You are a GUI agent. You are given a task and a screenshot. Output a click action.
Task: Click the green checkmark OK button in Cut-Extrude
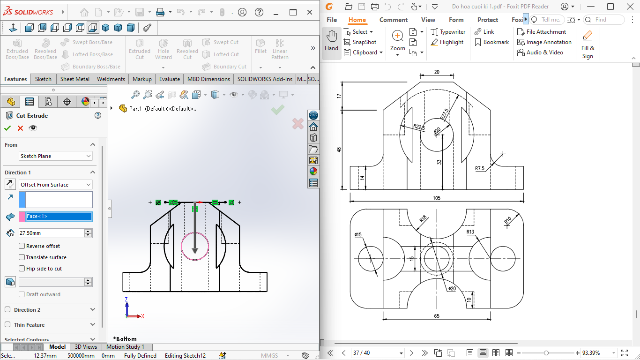pos(7,128)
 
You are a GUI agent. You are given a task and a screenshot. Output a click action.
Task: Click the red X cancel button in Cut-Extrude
pos(20,128)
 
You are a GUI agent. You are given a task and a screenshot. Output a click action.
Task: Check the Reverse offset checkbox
pos(22,246)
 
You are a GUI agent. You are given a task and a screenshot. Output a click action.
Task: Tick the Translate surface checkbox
pos(22,257)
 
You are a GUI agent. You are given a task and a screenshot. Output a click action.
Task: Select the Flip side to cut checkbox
pos(22,269)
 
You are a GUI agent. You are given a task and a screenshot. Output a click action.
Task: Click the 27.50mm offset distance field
pos(51,233)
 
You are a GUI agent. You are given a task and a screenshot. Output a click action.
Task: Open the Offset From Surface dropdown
pos(55,185)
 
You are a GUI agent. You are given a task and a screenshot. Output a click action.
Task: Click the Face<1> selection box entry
pos(59,216)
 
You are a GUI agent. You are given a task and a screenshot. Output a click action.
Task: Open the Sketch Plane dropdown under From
pos(55,156)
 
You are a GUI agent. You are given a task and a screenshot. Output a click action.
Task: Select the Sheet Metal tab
pos(74,79)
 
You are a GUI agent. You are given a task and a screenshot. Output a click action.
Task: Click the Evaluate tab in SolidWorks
pos(169,79)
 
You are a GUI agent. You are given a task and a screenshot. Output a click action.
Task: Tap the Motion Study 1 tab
pos(125,347)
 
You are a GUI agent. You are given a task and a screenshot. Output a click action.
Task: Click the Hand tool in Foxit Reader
pos(331,41)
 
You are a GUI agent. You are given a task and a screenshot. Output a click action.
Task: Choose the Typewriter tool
pos(448,32)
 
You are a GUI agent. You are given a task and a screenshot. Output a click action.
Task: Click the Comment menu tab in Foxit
pos(393,20)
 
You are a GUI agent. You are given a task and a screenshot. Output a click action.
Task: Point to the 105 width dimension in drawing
pos(436,198)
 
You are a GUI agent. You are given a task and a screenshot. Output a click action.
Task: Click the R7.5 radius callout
pos(480,168)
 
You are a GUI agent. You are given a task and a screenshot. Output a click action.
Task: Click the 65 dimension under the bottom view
pos(437,316)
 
